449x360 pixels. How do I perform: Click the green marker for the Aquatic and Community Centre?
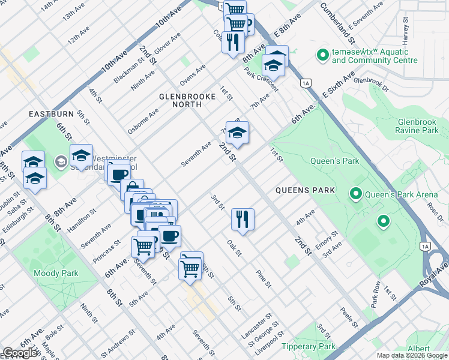coord(323,56)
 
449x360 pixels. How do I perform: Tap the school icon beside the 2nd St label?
coord(237,133)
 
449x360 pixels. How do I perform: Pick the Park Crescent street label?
coord(261,79)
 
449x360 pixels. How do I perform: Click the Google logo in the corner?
coord(20,353)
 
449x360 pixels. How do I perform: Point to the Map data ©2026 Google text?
coord(411,355)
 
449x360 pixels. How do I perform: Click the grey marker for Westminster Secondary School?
coord(61,161)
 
